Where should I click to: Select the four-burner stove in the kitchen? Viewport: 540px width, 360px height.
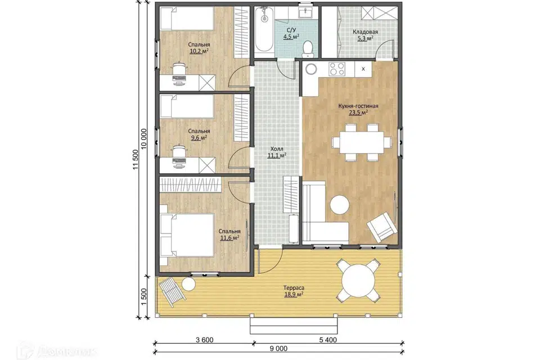click(337, 69)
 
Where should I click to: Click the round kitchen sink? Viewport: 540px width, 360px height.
click(311, 69)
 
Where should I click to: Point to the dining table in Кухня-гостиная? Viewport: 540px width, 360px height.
click(362, 142)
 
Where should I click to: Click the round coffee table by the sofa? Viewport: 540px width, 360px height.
click(340, 205)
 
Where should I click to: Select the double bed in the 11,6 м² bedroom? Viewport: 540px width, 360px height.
click(187, 235)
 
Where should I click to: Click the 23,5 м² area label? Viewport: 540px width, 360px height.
click(358, 112)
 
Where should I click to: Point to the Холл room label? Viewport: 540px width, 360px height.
click(277, 149)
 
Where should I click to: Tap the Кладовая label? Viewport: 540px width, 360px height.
click(365, 32)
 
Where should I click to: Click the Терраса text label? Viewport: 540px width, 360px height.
click(294, 287)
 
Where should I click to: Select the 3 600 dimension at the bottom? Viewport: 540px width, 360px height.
click(205, 340)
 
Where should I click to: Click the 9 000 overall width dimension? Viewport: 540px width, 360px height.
click(278, 349)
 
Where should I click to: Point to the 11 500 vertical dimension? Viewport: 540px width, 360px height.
click(136, 160)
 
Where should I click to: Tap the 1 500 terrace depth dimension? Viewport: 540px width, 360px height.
click(145, 296)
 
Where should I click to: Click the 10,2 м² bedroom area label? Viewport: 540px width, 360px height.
click(199, 51)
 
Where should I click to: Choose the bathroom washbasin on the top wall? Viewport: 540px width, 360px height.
click(305, 13)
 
